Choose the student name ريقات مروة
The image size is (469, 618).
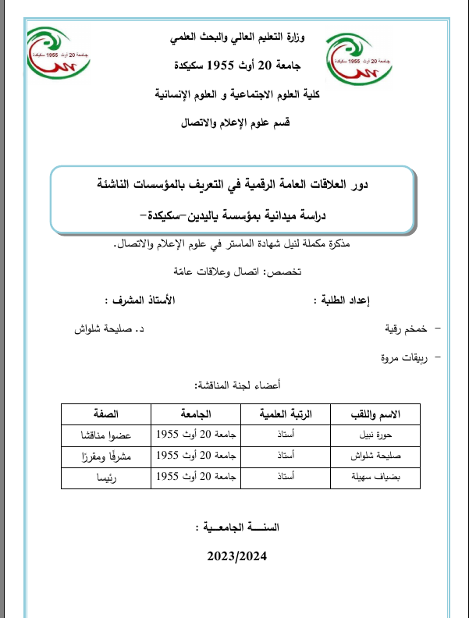395,358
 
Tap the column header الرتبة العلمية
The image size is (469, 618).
285,414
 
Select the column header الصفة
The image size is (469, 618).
104,414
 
